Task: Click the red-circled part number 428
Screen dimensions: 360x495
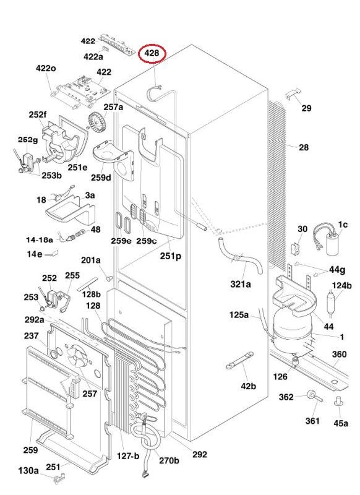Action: (152, 53)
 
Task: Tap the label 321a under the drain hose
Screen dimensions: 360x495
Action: (241, 285)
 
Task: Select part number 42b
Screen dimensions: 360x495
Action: (248, 386)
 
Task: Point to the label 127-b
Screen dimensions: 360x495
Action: (128, 456)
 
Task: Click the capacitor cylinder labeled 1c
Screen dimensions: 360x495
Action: (333, 244)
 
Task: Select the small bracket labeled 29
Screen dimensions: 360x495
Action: (293, 94)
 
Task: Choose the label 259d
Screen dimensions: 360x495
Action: (101, 178)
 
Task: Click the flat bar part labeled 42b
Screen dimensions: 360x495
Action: (240, 360)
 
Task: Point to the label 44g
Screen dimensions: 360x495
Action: (337, 270)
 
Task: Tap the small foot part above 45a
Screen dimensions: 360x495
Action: (338, 401)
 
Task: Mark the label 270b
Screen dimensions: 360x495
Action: (169, 460)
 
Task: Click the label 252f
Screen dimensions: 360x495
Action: (37, 115)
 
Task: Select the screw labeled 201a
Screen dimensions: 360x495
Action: (109, 278)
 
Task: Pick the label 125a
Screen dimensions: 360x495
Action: (239, 315)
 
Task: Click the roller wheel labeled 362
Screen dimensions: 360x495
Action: (312, 395)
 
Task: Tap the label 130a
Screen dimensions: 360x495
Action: (28, 471)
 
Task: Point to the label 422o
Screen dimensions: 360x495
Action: (46, 68)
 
